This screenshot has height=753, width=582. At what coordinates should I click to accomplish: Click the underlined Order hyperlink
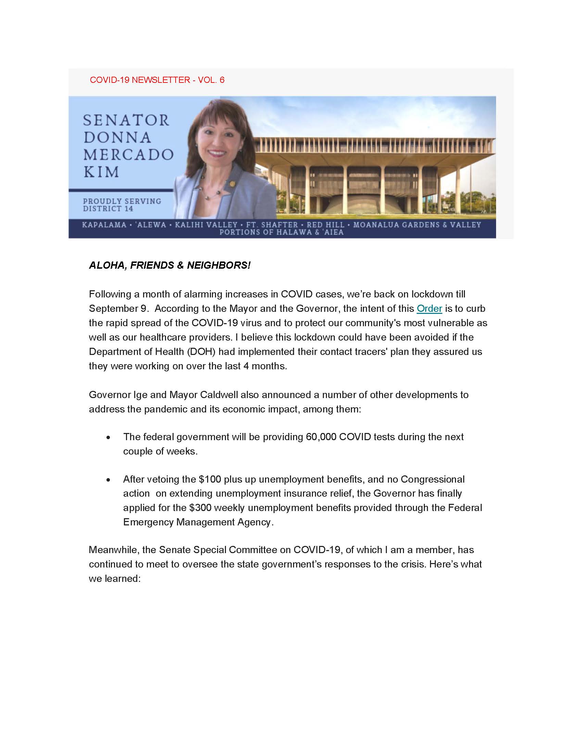(429, 309)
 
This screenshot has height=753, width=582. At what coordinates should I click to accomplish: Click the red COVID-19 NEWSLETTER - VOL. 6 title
(157, 80)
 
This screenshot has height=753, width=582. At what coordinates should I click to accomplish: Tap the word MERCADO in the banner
(128, 154)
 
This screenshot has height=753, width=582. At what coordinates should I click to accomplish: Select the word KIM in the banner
(101, 172)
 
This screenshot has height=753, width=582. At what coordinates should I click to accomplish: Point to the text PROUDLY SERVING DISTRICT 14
(122, 205)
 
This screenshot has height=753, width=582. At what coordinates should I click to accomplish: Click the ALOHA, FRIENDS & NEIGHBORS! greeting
(169, 265)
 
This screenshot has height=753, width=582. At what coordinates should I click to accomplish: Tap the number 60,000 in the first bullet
(321, 437)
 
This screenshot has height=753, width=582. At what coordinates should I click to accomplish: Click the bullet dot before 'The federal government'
(109, 437)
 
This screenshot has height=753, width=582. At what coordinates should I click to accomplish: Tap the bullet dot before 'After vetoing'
(109, 480)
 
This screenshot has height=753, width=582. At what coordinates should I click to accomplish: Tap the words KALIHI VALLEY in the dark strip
(206, 225)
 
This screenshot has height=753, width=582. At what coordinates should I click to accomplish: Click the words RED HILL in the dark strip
(326, 225)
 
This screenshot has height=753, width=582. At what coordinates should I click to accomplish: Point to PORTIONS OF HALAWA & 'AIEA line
(282, 232)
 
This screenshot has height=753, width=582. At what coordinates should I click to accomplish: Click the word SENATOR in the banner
(126, 120)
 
